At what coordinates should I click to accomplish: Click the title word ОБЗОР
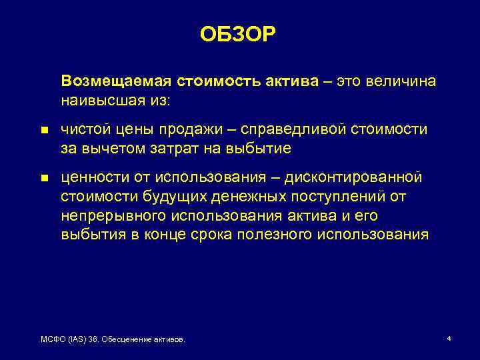tap(237, 35)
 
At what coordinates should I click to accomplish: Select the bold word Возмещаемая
tap(115, 81)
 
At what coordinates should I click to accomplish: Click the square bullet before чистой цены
tap(44, 131)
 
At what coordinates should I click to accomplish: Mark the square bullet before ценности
tap(44, 179)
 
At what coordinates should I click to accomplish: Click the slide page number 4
tap(449, 339)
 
